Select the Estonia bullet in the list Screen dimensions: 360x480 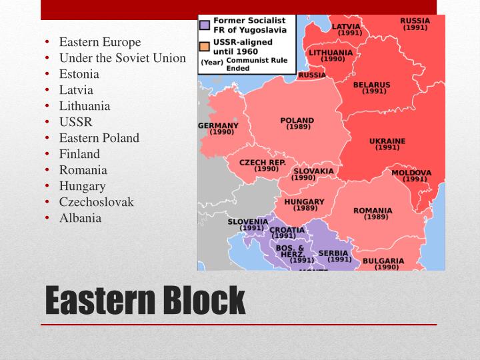pyautogui.click(x=79, y=74)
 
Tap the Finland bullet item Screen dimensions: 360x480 pyautogui.click(x=79, y=154)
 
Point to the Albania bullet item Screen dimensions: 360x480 pyautogui.click(x=80, y=218)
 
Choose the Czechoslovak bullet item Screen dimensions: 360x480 pyautogui.click(x=96, y=202)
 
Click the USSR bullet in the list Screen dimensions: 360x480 pyautogui.click(x=75, y=122)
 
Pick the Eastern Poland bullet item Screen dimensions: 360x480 pyautogui.click(x=99, y=138)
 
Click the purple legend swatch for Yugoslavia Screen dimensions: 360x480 pyautogui.click(x=205, y=25)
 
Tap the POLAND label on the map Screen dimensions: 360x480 pyautogui.click(x=297, y=121)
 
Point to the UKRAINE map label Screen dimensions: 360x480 pyautogui.click(x=387, y=141)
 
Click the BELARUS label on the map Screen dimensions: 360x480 pyautogui.click(x=371, y=85)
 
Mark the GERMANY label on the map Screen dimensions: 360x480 pyautogui.click(x=218, y=126)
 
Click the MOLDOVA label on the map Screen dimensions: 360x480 pyautogui.click(x=411, y=173)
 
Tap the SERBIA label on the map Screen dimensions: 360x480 pyautogui.click(x=333, y=253)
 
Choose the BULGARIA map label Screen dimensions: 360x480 pyautogui.click(x=383, y=261)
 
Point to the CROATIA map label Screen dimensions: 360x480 pyautogui.click(x=287, y=230)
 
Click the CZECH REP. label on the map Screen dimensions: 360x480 pyautogui.click(x=263, y=163)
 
